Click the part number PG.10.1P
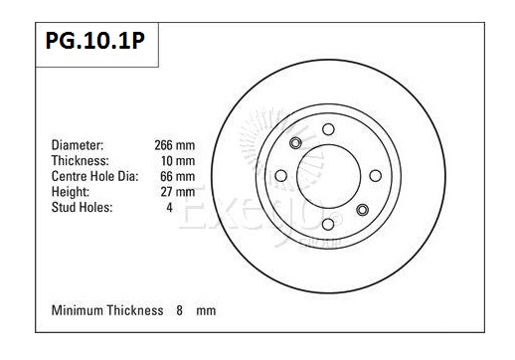tap(95, 41)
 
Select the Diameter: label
tap(78, 145)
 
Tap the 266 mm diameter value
tap(175, 145)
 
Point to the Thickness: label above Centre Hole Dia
tap(81, 161)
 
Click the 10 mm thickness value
tap(178, 161)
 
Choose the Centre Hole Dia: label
tap(94, 176)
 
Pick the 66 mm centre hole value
tap(178, 176)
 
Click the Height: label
tap(71, 192)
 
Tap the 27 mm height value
tap(178, 192)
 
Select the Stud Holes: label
tap(82, 208)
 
